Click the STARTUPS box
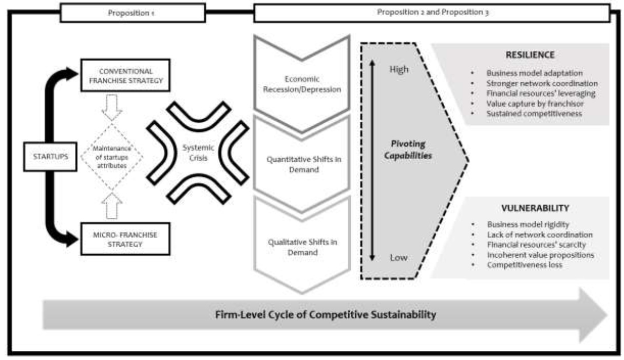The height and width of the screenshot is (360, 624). pos(50,157)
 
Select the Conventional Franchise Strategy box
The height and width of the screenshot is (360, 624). pos(125,75)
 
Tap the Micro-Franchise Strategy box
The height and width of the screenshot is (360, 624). pos(125,239)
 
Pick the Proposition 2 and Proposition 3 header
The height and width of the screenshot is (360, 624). pos(432,12)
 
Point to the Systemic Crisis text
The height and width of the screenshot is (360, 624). pos(198,153)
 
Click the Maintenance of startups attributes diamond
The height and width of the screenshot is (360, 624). pos(112,157)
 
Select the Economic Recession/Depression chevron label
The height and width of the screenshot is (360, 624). pos(302,84)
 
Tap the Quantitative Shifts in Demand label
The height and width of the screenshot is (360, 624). pos(304,164)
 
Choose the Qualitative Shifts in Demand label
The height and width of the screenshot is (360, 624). pos(302,247)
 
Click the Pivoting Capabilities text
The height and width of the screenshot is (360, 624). pos(408,149)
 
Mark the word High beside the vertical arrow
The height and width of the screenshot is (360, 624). pos(399,69)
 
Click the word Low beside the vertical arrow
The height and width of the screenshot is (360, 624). pos(399,258)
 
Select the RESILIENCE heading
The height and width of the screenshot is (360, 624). pos(530,55)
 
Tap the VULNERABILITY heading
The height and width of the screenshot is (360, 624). pos(535,208)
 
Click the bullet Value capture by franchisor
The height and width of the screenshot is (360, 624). pos(535,104)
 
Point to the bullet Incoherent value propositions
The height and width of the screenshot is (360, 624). pos(540,255)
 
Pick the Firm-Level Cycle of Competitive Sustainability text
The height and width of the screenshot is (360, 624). pos(326,315)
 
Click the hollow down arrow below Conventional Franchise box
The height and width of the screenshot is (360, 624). pos(112,107)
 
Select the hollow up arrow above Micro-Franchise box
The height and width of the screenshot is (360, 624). pos(112,206)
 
